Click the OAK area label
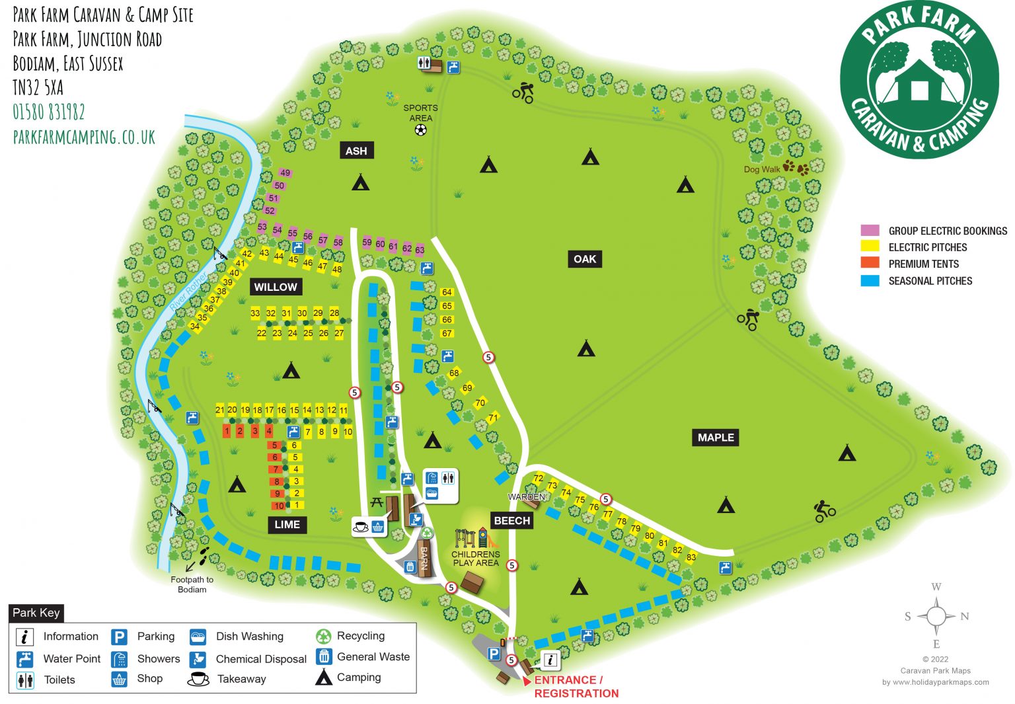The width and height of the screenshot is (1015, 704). (584, 259)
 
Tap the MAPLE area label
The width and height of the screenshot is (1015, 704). (716, 438)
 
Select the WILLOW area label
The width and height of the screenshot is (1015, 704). (276, 287)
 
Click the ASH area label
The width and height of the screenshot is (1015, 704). (356, 151)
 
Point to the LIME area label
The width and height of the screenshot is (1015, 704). (287, 525)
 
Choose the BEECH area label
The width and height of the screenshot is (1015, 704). (512, 521)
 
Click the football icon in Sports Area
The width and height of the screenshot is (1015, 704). (420, 130)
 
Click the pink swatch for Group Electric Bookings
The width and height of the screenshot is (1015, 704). (870, 231)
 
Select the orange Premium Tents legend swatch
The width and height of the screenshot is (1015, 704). (870, 263)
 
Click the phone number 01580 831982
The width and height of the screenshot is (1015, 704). (49, 112)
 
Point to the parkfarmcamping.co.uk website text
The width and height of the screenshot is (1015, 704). (84, 137)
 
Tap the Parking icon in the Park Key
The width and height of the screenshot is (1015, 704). (119, 637)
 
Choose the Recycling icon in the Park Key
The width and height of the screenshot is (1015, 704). (323, 636)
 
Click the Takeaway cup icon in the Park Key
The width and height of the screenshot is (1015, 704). (198, 679)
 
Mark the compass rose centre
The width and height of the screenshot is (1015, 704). (936, 616)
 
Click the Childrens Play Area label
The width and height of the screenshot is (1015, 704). (476, 559)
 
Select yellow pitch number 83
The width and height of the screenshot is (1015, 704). (691, 557)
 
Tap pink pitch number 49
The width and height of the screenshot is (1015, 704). (285, 173)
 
